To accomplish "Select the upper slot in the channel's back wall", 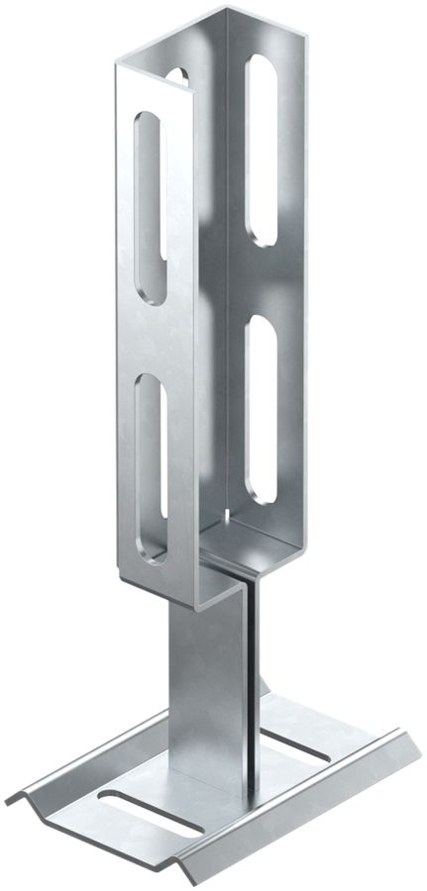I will pyautogui.click(x=261, y=148).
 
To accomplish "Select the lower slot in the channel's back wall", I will pyautogui.click(x=263, y=406).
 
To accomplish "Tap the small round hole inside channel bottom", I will pyautogui.click(x=229, y=515).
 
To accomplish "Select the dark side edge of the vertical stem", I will pyautogui.click(x=256, y=693).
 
